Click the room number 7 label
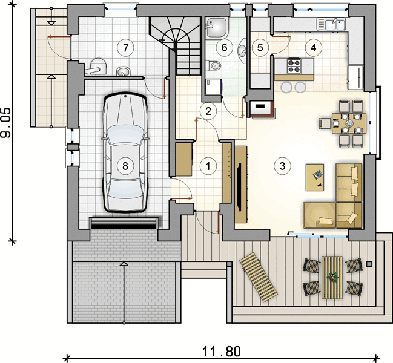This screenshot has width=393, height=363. (125, 47)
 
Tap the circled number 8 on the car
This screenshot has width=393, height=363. (125, 166)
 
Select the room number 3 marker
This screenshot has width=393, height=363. (282, 166)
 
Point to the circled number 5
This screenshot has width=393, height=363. (260, 47)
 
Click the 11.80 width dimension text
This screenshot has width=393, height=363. (221, 352)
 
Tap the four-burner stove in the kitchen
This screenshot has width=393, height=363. (294, 66)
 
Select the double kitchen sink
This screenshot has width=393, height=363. (331, 24)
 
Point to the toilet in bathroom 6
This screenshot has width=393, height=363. (213, 66)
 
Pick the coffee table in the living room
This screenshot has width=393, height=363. (315, 177)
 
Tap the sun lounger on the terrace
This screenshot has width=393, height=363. (259, 277)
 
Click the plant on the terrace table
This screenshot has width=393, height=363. (332, 277)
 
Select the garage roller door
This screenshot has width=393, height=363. (124, 223)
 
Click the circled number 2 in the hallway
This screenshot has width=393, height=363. (208, 111)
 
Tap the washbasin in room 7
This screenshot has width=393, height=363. (124, 71)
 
